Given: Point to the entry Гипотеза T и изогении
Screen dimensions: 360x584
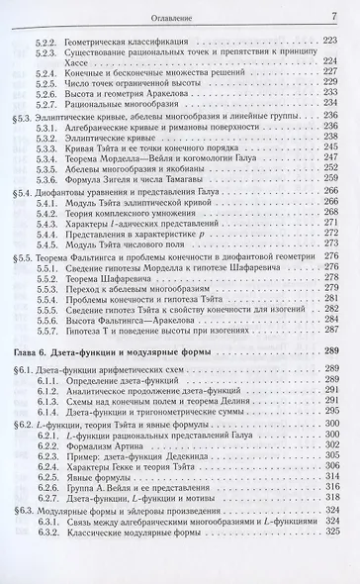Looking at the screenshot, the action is click(x=147, y=346).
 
